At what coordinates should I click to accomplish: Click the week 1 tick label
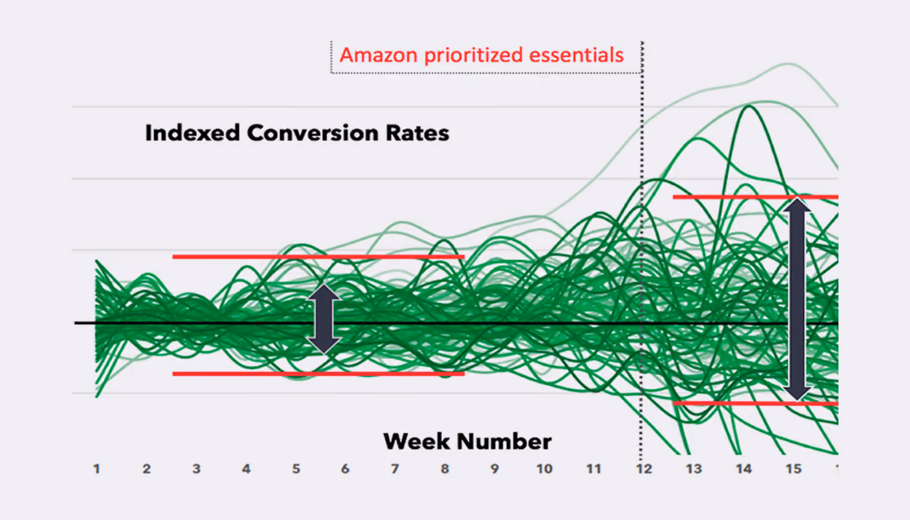[97, 469]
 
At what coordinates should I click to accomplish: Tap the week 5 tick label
[296, 469]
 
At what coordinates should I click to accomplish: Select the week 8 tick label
[445, 469]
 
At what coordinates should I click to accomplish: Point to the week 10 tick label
[545, 469]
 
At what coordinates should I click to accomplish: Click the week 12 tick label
[644, 469]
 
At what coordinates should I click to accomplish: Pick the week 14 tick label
[744, 469]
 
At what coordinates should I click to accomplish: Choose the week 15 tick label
[794, 469]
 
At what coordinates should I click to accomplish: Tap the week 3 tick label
[196, 469]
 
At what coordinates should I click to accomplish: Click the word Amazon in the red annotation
[378, 55]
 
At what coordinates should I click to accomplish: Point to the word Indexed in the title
[192, 133]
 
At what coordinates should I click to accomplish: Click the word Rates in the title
[417, 133]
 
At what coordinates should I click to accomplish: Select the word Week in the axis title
[417, 441]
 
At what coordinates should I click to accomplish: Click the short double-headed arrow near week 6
[324, 318]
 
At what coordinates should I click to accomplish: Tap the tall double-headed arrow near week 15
[798, 300]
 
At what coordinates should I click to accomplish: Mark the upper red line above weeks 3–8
[318, 257]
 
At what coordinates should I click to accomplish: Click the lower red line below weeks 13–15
[755, 404]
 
